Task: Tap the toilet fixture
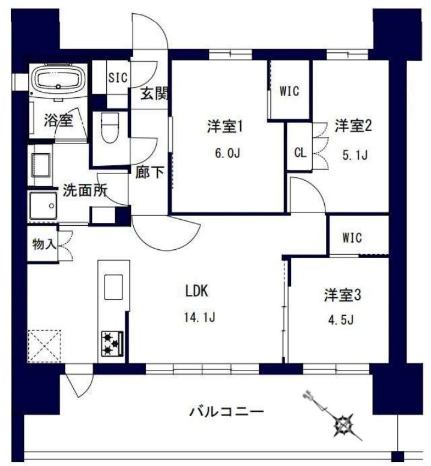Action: (109, 127)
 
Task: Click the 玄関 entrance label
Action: (154, 94)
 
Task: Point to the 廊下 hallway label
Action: (149, 172)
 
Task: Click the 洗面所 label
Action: (85, 191)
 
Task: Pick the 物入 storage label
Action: (43, 244)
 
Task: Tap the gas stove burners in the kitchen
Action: (111, 343)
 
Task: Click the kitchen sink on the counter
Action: (113, 286)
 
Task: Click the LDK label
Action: (196, 292)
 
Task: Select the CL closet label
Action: (300, 152)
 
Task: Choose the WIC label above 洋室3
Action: (352, 237)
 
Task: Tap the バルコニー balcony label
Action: (226, 412)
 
